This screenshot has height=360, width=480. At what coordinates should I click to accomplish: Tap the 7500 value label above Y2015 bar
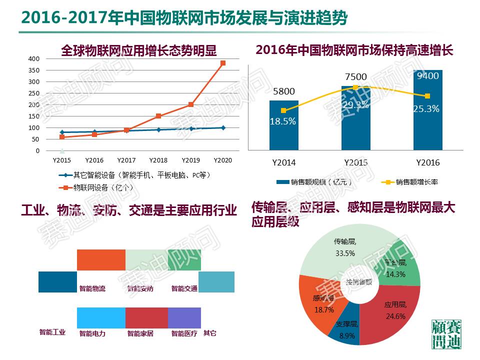click(355, 77)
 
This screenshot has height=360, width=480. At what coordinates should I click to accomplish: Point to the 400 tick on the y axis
click(33, 58)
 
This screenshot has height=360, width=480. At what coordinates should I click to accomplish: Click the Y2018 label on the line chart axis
click(158, 160)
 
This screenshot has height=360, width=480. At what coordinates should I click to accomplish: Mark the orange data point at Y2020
click(223, 63)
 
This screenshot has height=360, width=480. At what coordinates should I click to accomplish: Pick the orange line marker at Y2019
click(191, 105)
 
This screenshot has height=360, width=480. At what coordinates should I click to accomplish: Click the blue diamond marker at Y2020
click(223, 128)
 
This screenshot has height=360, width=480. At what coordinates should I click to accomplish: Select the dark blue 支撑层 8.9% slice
click(345, 330)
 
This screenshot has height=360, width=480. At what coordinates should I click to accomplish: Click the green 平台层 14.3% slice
click(400, 265)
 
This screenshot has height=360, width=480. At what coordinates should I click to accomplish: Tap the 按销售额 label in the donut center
click(359, 282)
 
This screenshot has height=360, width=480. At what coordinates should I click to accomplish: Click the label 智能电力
click(92, 333)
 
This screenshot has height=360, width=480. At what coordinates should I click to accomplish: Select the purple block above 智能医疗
click(184, 318)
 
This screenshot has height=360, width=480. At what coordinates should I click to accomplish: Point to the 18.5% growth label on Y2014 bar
click(283, 121)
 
